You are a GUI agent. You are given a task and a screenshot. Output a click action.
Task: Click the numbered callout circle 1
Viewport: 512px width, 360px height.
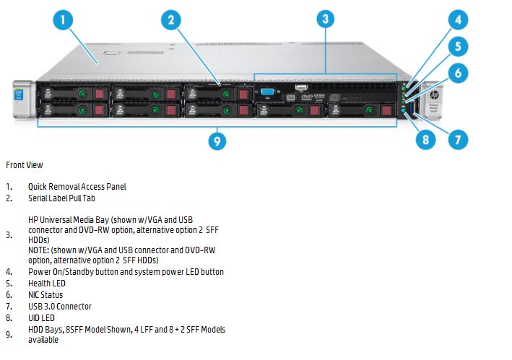tap(63, 20)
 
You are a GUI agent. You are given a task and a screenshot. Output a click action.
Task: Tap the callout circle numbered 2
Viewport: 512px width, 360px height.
tap(170, 20)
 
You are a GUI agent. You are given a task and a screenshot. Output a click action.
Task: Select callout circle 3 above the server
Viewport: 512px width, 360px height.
tap(326, 19)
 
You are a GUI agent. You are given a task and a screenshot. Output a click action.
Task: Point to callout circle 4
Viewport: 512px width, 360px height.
tap(458, 19)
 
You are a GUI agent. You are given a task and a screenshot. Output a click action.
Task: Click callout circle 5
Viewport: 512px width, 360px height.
tap(458, 46)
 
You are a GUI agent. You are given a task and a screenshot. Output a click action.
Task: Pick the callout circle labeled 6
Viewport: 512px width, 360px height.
tap(458, 73)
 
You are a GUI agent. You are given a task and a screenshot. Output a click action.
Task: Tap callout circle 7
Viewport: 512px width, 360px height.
tap(458, 139)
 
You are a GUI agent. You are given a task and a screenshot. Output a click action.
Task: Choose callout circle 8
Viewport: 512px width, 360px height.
tap(425, 139)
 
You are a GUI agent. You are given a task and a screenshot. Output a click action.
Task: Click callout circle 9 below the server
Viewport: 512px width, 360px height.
tap(217, 141)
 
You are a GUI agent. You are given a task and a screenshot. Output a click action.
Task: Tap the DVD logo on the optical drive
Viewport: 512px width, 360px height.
tap(307, 97)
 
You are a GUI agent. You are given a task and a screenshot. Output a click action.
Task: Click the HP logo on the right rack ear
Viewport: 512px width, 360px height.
tap(434, 95)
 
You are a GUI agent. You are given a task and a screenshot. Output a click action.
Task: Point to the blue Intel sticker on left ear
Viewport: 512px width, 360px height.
tap(19, 95)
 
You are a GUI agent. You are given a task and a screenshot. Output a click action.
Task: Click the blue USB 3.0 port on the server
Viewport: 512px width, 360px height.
tap(410, 108)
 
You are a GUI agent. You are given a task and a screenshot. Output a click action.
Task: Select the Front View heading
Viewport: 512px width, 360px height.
tap(25, 165)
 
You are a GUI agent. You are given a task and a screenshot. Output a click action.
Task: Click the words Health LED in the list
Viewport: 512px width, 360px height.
tap(47, 284)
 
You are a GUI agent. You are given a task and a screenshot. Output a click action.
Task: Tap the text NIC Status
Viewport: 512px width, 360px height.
tap(45, 295)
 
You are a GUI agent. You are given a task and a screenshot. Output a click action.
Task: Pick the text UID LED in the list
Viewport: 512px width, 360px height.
tap(41, 318)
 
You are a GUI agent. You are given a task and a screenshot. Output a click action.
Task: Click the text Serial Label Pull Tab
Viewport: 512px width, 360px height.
tap(61, 198)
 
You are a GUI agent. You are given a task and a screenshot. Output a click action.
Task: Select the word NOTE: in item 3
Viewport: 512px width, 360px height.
tap(39, 250)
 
